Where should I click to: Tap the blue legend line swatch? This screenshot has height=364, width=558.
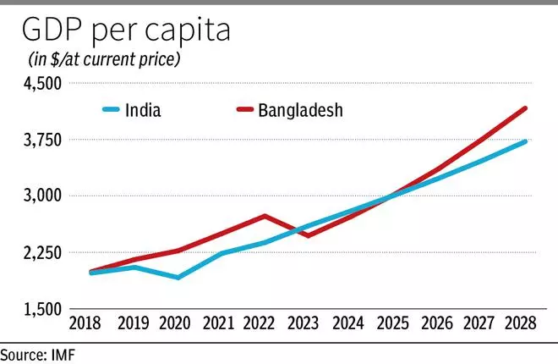point(114,110)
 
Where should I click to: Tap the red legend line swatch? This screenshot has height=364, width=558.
point(245,110)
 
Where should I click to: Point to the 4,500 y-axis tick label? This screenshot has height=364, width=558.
point(41,83)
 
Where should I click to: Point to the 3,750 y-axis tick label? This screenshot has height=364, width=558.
point(41,140)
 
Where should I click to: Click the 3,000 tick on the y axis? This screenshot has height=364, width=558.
point(41,196)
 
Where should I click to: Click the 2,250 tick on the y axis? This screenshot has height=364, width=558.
point(41,252)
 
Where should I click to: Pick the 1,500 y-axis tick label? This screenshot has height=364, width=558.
point(41,309)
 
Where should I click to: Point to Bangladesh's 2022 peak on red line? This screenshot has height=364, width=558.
point(265,216)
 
